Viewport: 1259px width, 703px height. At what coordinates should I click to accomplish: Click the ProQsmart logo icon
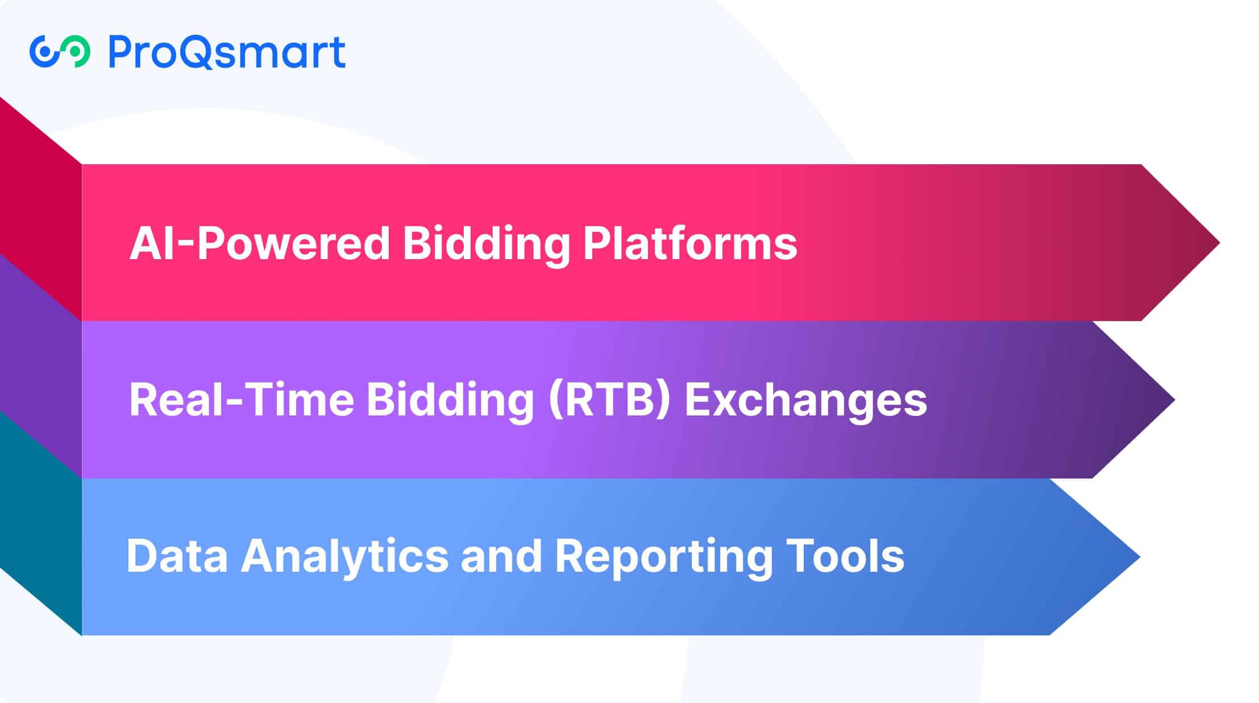click(x=60, y=52)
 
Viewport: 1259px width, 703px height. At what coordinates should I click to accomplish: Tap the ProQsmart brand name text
click(x=227, y=52)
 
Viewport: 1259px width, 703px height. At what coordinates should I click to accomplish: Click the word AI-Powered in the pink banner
click(x=260, y=243)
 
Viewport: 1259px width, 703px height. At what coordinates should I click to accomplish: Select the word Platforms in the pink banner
click(x=690, y=243)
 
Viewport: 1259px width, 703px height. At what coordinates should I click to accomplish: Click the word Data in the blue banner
click(x=177, y=555)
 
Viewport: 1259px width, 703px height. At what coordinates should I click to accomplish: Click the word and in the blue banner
click(x=502, y=555)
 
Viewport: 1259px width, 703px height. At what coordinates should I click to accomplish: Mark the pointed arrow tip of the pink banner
click(x=1220, y=243)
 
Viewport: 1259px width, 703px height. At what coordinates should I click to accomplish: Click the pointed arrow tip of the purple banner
click(x=1175, y=400)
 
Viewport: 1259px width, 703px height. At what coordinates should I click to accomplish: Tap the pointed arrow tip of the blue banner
click(x=1140, y=557)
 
